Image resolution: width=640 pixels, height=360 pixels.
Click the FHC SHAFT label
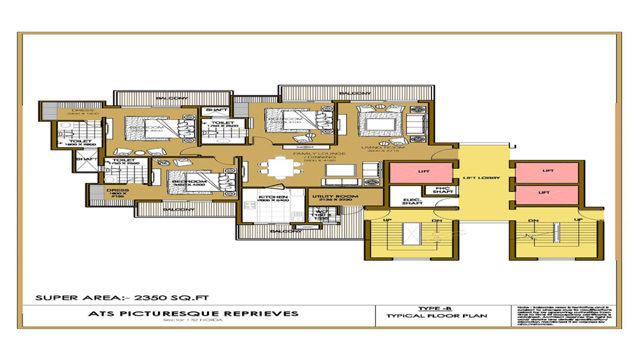click(443, 190)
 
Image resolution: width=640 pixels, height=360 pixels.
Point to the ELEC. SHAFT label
click(413, 202)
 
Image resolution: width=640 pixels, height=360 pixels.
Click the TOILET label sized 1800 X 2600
click(79, 142)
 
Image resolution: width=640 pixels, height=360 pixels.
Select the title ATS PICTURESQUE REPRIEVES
click(193, 313)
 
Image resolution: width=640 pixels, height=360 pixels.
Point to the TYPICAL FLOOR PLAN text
click(436, 316)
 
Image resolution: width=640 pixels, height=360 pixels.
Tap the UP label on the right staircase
click(579, 220)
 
